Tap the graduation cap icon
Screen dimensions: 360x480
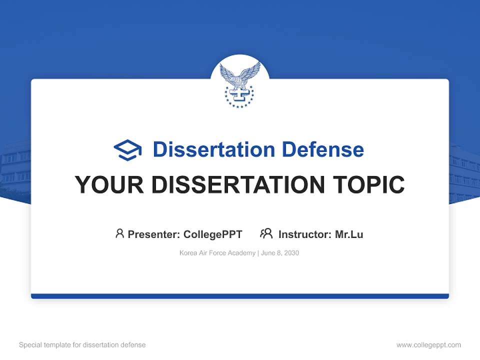127,150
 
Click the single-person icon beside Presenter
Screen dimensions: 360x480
119,233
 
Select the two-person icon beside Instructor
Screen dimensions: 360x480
266,233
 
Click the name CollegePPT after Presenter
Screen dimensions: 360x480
213,234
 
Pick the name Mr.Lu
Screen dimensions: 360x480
349,234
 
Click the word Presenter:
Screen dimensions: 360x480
154,234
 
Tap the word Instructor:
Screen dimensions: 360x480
305,234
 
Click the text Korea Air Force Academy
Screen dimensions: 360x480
217,253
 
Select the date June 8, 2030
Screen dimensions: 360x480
280,253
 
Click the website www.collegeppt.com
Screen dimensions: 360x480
428,345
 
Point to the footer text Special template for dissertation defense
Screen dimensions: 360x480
82,345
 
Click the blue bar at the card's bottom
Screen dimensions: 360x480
240,296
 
